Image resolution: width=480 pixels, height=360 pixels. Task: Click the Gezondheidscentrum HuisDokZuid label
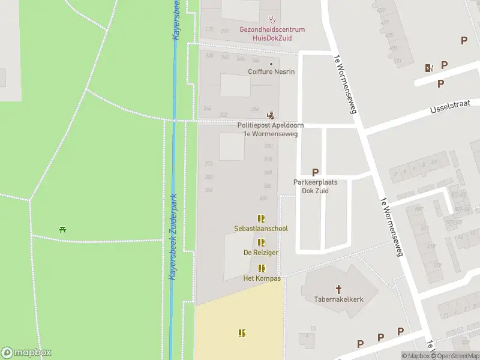pos(272,33)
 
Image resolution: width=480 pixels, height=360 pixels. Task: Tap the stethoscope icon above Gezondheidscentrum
pos(272,19)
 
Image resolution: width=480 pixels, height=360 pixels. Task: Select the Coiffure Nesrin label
pos(271,71)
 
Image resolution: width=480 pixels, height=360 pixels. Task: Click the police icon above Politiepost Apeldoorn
pos(271,115)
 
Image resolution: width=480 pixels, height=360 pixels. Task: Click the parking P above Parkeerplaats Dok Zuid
pos(315,172)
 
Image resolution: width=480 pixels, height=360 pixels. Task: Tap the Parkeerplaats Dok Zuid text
pos(315,186)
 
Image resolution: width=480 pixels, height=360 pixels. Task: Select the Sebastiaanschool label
pos(261,229)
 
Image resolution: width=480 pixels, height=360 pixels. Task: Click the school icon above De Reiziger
pos(261,242)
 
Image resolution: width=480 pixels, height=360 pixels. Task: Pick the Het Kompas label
pos(261,278)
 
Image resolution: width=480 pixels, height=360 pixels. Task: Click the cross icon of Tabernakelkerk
pos(338,289)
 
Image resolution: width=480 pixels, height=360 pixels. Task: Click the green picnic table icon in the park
pos(62,229)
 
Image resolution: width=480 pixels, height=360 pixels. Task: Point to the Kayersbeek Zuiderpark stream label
pos(173,237)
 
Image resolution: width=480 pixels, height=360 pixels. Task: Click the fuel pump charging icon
pos(428,68)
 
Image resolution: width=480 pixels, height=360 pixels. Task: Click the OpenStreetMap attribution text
pos(458,356)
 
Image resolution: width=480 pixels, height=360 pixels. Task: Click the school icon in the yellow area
pos(242,332)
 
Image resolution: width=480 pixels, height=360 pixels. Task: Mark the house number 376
pos(209,164)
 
